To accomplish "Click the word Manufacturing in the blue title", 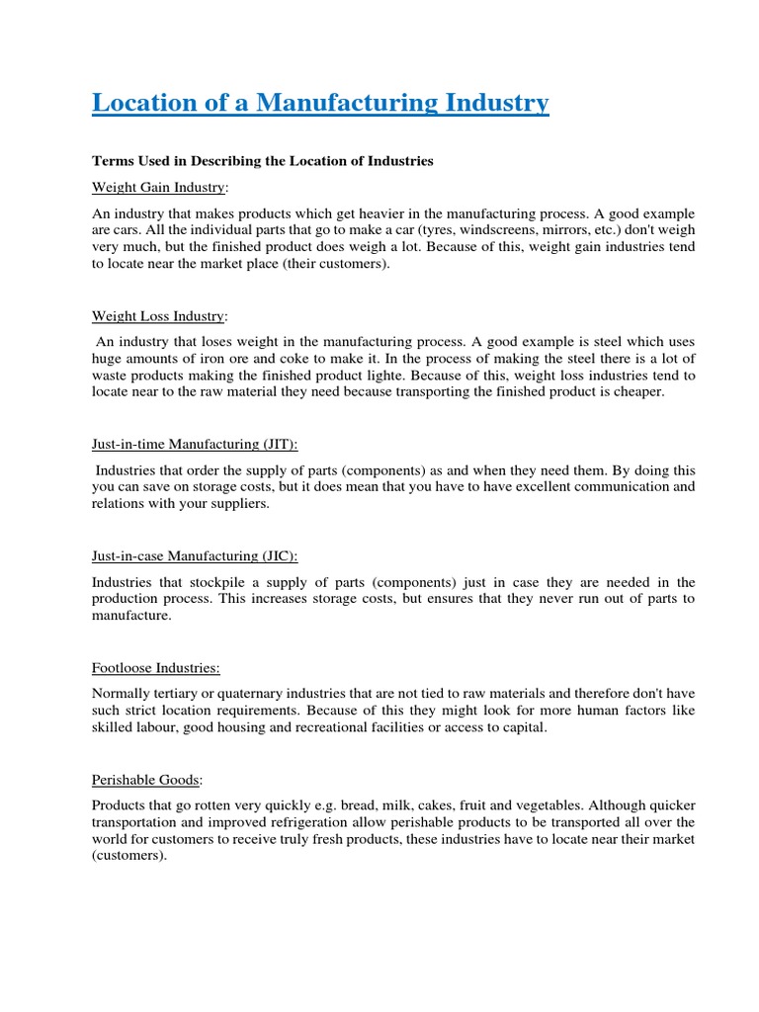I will (337, 103).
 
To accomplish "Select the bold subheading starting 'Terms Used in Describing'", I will (263, 160).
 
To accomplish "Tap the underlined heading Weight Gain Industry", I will (158, 187).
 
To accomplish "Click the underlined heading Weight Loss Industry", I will (158, 316).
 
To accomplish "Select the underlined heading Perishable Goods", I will (145, 780).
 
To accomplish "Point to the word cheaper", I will (638, 392).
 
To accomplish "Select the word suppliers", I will (233, 504).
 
